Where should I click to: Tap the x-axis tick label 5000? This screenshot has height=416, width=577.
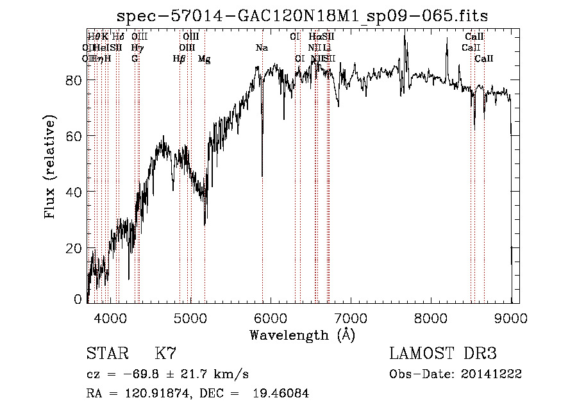pyautogui.click(x=190, y=317)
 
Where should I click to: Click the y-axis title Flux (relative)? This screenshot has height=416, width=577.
pyautogui.click(x=50, y=166)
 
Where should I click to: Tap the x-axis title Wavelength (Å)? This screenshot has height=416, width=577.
pyautogui.click(x=302, y=335)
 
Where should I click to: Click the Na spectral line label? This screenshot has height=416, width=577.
pyautogui.click(x=262, y=48)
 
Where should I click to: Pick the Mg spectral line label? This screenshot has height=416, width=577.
pyautogui.click(x=205, y=59)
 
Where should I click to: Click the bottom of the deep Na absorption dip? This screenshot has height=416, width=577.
pyautogui.click(x=262, y=176)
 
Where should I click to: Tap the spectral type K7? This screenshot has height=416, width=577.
pyautogui.click(x=165, y=354)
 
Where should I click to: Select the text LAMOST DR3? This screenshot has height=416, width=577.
pyautogui.click(x=443, y=354)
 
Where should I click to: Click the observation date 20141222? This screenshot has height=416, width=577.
pyautogui.click(x=493, y=374)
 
